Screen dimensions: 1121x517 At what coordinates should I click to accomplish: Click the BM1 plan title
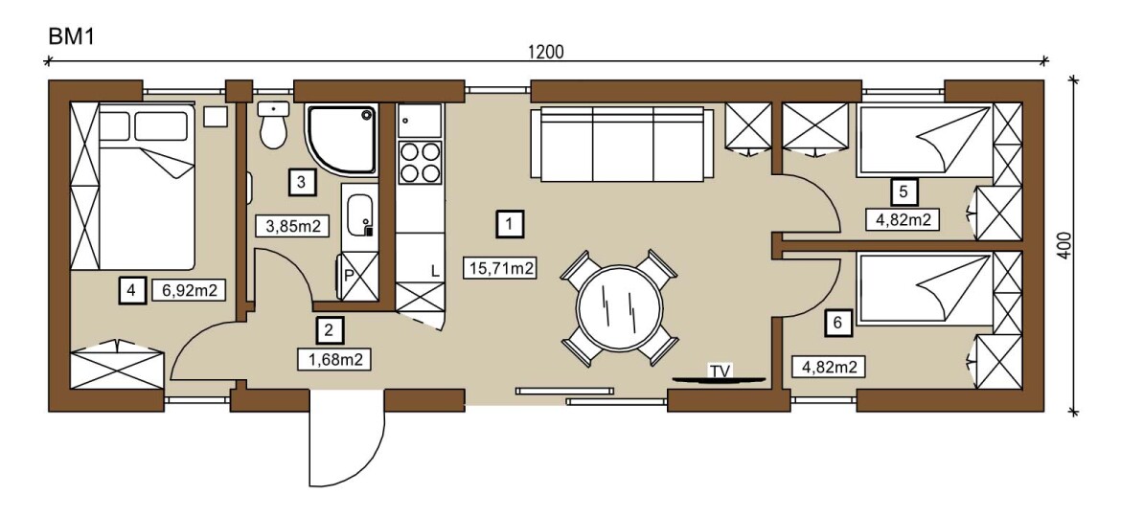(71, 36)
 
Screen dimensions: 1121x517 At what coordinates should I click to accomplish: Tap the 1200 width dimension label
(545, 52)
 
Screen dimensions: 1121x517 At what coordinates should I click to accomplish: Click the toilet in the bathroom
(273, 124)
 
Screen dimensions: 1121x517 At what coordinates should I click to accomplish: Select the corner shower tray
(341, 139)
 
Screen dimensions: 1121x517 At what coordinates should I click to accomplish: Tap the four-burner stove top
(421, 162)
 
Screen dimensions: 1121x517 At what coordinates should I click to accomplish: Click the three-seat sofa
(622, 144)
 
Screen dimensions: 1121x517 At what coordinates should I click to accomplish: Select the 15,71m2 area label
(500, 268)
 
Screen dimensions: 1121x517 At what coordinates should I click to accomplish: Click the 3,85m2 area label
(292, 226)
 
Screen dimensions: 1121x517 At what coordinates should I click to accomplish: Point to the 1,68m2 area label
(333, 358)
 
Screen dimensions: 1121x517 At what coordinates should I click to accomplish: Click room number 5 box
(904, 191)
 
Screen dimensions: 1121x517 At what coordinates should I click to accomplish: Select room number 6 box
(837, 323)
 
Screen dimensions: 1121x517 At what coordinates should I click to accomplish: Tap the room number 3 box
(301, 181)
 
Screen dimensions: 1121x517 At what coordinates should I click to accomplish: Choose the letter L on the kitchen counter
(435, 271)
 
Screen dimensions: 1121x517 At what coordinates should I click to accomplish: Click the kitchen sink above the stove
(421, 120)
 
